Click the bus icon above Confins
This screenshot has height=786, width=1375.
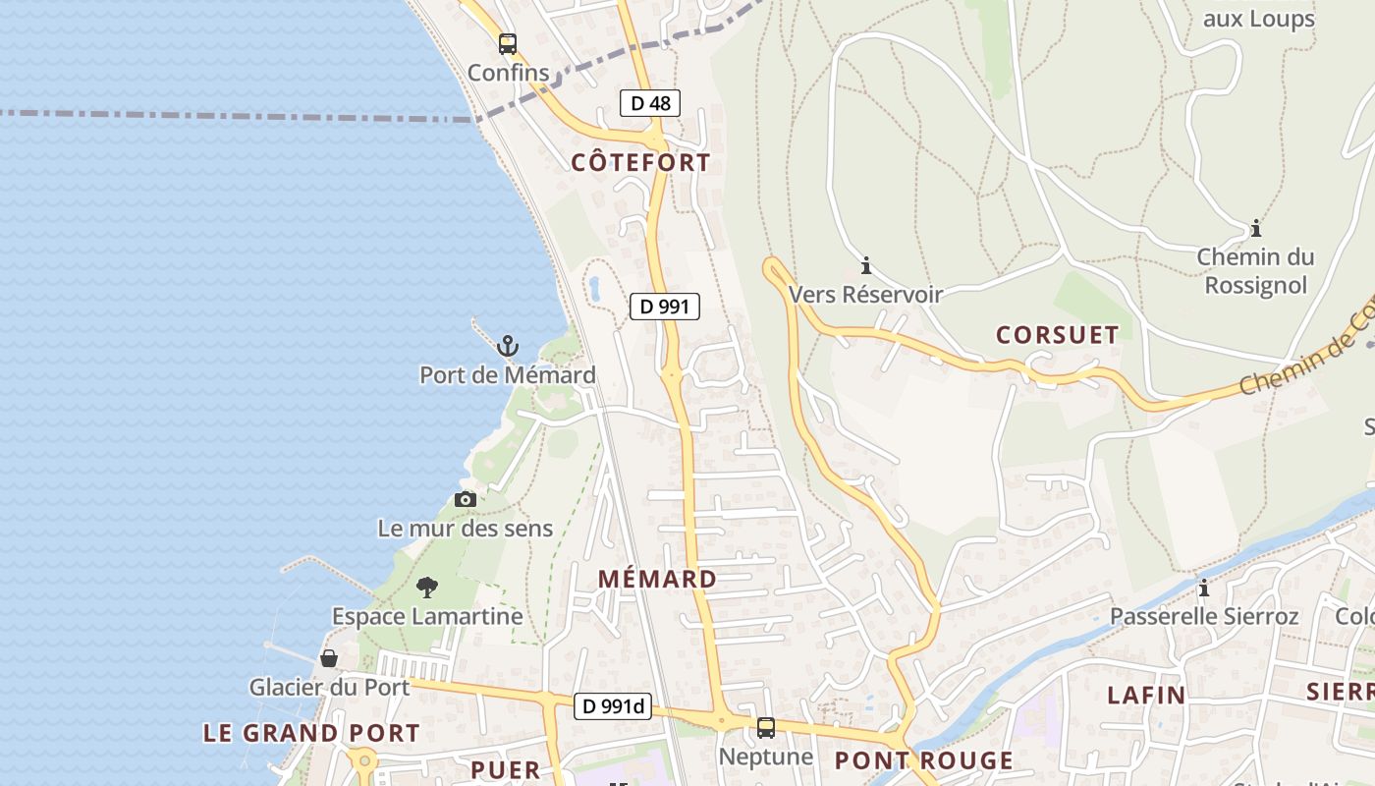point(507,44)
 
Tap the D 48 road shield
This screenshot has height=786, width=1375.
point(650,103)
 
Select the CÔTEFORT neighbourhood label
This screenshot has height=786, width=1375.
point(640,163)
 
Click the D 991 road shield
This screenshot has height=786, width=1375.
point(664,307)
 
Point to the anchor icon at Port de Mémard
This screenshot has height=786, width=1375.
point(507,346)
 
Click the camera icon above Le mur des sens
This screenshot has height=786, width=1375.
point(466,500)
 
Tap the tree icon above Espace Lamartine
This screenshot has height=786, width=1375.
point(426,588)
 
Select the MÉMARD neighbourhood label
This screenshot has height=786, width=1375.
point(657,580)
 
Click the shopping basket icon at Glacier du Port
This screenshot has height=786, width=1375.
point(329,658)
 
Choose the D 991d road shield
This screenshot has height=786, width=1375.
point(613,705)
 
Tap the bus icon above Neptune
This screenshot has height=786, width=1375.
point(765,728)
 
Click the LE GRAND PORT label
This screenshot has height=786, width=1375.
point(311,733)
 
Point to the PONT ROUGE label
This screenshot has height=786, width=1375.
point(923,760)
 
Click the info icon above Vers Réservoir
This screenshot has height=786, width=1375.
point(866,265)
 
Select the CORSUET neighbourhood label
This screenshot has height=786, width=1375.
point(1057,335)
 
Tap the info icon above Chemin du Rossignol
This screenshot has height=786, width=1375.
point(1255,229)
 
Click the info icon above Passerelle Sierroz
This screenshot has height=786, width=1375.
point(1204,589)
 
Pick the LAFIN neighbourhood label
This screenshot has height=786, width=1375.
point(1146,696)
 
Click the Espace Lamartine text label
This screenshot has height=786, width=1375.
point(427,617)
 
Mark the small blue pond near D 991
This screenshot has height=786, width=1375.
point(594,288)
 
